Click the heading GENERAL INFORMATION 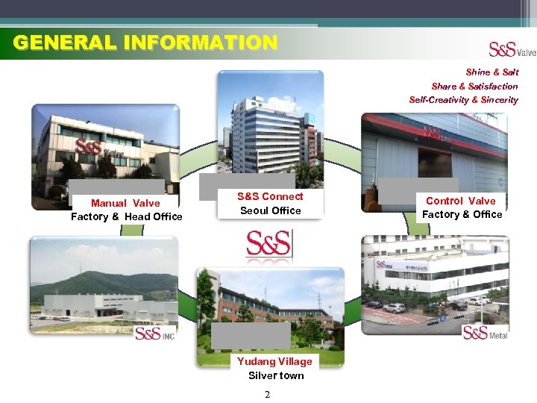pyautogui.click(x=145, y=43)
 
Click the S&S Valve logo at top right pyautogui.click(x=512, y=49)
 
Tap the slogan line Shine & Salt pyautogui.click(x=492, y=72)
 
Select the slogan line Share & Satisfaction pyautogui.click(x=474, y=87)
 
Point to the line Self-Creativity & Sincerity pyautogui.click(x=463, y=100)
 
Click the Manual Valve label pyautogui.click(x=125, y=203)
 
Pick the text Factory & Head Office pyautogui.click(x=126, y=216)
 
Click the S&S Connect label pyautogui.click(x=270, y=196)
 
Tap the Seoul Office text pyautogui.click(x=270, y=210)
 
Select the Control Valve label pyautogui.click(x=460, y=201)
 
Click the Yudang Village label pyautogui.click(x=274, y=361)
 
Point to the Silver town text pyautogui.click(x=276, y=375)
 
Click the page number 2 pyautogui.click(x=267, y=394)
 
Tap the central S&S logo pyautogui.click(x=268, y=244)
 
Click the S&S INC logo pyautogui.click(x=154, y=333)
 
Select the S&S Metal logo pyautogui.click(x=485, y=332)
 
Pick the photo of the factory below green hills pyautogui.click(x=104, y=284)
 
